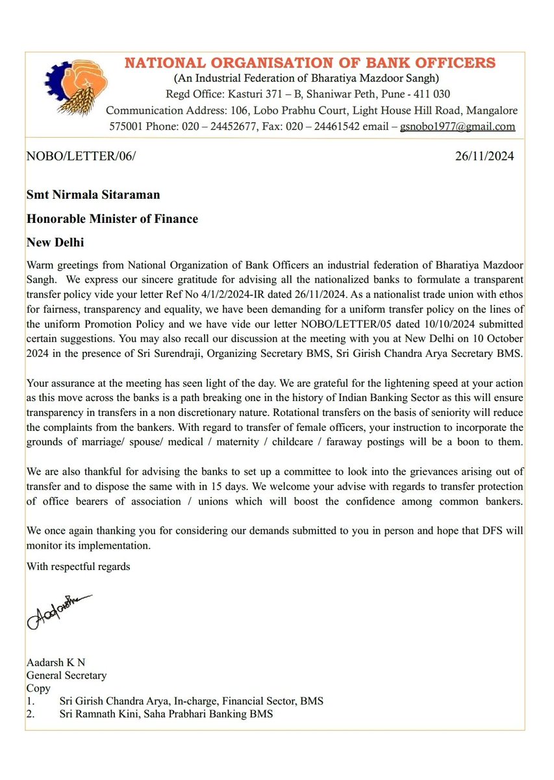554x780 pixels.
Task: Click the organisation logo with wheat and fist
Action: [72, 90]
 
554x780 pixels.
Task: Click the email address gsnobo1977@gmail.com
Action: [457, 127]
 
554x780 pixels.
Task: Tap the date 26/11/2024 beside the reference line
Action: [486, 157]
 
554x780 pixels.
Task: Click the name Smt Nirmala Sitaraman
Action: [93, 194]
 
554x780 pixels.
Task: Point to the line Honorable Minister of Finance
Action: [112, 218]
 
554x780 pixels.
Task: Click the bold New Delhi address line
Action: [55, 242]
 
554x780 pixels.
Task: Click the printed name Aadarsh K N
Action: [56, 662]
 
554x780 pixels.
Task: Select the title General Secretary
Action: [66, 675]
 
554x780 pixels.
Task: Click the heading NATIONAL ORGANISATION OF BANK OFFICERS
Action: [310, 63]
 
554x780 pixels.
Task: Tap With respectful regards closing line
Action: [78, 566]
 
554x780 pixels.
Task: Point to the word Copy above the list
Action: [38, 688]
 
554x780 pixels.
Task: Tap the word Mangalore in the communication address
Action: [490, 110]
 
